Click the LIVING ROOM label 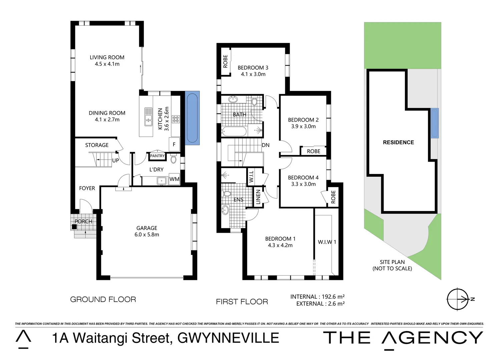107,58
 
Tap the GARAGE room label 146,228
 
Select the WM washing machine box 174,179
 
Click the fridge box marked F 174,144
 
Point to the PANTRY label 157,156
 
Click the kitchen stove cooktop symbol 175,119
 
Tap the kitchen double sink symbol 148,117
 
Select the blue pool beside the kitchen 192,118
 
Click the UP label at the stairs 115,161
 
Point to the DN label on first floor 266,145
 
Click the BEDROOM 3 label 253,68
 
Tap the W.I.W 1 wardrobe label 327,242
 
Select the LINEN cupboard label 258,197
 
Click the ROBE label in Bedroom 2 314,151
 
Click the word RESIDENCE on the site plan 398,142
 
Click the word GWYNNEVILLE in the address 228,338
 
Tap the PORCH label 83,221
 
